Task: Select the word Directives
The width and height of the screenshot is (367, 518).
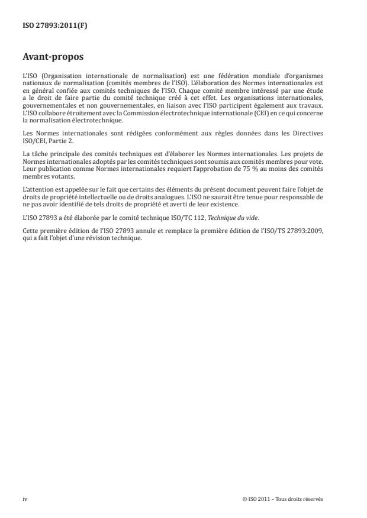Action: click(311, 134)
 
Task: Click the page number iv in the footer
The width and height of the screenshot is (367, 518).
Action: click(25, 499)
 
